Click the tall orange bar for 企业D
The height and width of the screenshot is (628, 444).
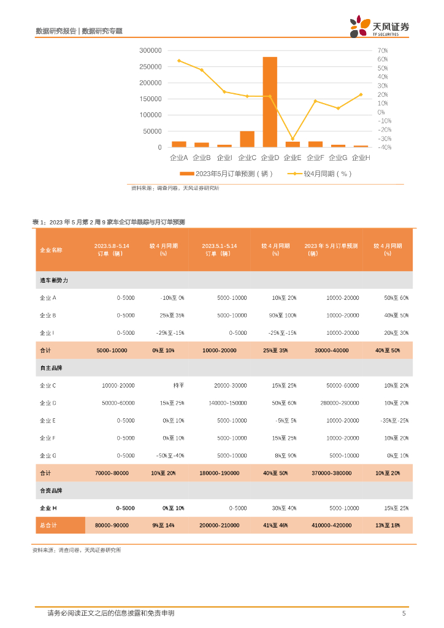pyautogui.click(x=270, y=102)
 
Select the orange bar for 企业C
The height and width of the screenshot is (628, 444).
pyautogui.click(x=247, y=139)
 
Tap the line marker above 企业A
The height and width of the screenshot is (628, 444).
pyautogui.click(x=178, y=61)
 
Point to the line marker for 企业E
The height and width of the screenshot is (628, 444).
pyautogui.click(x=293, y=139)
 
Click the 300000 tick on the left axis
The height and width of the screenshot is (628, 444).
pyautogui.click(x=150, y=50)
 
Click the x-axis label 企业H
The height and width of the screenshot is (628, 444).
pyautogui.click(x=361, y=158)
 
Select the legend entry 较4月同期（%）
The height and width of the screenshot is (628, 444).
pyautogui.click(x=325, y=174)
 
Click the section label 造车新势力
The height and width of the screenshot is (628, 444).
pyautogui.click(x=54, y=280)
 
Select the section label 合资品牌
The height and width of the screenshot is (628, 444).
pyautogui.click(x=52, y=491)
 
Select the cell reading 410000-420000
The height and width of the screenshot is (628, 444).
pyautogui.click(x=332, y=526)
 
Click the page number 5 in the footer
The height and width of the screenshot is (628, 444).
pyautogui.click(x=404, y=613)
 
